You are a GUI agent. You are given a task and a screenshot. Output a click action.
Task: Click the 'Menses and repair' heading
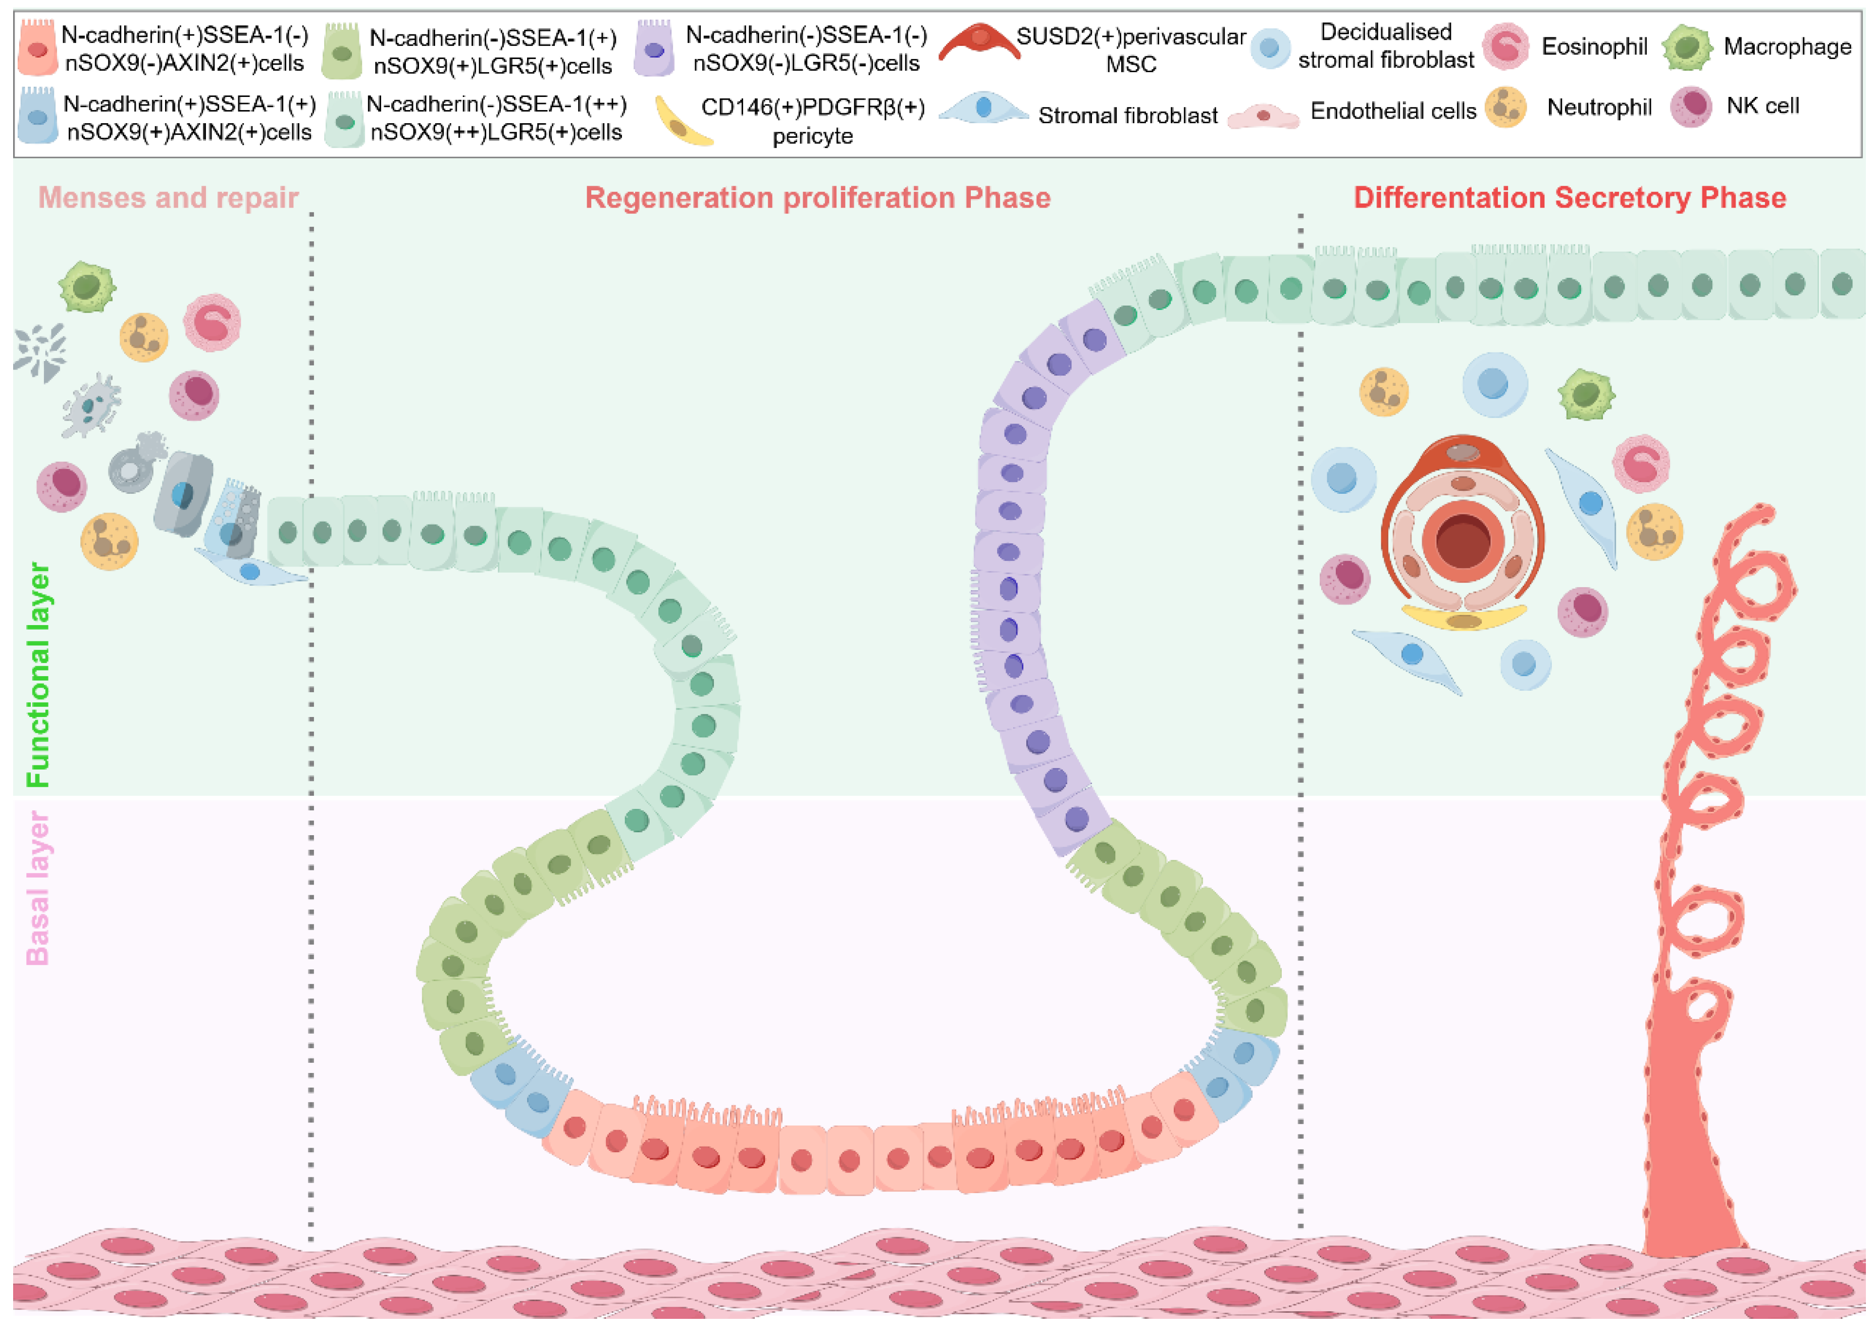[x=168, y=198]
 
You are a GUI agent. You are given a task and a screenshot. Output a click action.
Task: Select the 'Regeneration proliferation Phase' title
[x=817, y=198]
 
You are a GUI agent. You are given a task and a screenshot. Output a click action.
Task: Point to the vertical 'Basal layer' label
[x=38, y=887]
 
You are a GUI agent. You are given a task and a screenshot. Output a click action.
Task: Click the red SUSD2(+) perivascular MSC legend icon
[x=979, y=43]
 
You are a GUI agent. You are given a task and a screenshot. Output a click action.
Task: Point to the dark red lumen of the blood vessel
[x=1463, y=540]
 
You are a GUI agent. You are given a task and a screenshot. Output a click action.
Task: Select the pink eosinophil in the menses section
[x=212, y=323]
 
